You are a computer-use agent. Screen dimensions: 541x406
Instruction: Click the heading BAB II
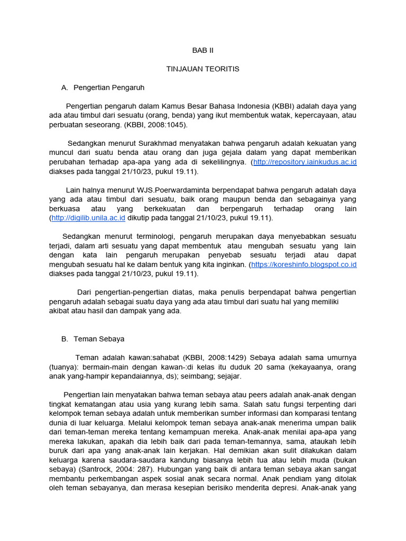202,51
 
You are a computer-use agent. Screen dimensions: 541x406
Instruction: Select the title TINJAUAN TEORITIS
203,69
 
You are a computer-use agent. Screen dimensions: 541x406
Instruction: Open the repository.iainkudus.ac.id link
305,162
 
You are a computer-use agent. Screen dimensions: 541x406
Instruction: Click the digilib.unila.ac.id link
88,218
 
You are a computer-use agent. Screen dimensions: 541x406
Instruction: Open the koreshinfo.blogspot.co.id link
304,265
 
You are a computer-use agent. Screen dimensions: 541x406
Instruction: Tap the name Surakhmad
160,143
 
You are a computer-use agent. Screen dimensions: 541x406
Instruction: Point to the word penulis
218,292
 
